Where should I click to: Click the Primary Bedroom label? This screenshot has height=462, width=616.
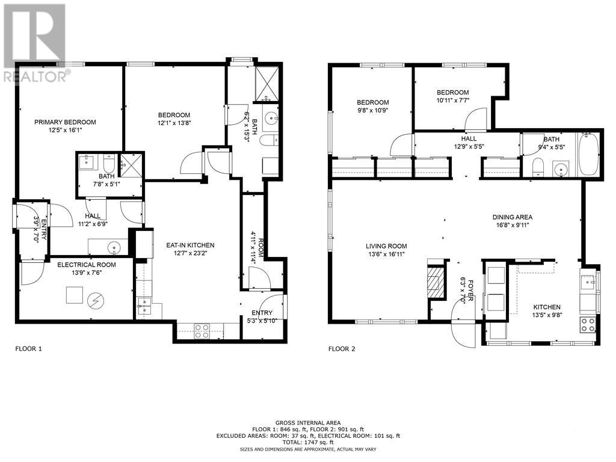tap(65, 122)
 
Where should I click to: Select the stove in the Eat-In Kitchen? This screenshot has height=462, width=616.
tap(202, 331)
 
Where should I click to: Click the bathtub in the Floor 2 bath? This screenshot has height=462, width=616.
tap(588, 155)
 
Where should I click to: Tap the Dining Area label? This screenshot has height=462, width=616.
tap(513, 217)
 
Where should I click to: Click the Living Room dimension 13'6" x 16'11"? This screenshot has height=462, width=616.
tap(386, 254)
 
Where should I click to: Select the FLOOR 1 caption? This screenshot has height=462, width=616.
tap(28, 348)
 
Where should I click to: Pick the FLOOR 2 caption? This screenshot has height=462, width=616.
tap(342, 348)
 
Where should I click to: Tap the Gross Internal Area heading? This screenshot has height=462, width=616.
tap(308, 423)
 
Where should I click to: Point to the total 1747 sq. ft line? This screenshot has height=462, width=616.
tap(308, 442)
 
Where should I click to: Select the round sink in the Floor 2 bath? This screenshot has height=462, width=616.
tap(561, 169)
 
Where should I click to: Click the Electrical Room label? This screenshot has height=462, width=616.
tap(87, 265)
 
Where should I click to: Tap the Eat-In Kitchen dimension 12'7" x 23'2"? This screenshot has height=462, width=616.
tap(190, 253)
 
